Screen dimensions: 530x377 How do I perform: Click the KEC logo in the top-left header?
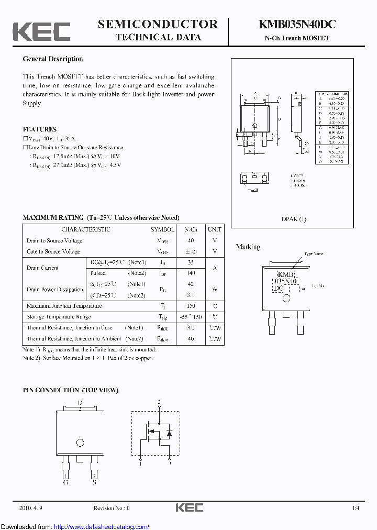click(x=41, y=31)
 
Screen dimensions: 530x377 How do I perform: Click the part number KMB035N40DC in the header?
click(x=296, y=25)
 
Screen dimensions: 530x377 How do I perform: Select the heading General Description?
click(x=52, y=59)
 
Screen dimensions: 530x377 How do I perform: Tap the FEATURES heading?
click(x=40, y=129)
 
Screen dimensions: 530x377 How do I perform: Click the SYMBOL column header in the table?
click(x=162, y=229)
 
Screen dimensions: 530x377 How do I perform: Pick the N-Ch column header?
click(x=191, y=229)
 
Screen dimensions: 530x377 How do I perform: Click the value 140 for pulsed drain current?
click(x=191, y=273)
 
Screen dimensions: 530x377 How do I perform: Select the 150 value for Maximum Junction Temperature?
click(x=191, y=306)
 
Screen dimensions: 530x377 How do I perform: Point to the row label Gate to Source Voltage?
click(x=53, y=251)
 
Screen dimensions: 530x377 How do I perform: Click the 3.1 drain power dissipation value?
click(x=191, y=295)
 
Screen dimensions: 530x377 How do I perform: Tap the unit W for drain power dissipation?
click(x=215, y=290)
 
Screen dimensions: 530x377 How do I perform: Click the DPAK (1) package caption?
click(x=294, y=219)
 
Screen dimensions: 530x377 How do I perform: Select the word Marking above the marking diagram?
click(x=248, y=247)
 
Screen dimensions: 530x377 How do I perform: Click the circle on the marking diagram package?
click(x=286, y=299)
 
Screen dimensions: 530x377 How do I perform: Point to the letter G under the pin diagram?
click(x=65, y=482)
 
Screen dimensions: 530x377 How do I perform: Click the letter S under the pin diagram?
click(x=95, y=482)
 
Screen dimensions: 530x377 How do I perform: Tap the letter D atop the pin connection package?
click(x=80, y=403)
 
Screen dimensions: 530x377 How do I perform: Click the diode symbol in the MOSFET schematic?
click(x=169, y=433)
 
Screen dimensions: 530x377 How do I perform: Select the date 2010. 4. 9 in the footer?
click(x=32, y=508)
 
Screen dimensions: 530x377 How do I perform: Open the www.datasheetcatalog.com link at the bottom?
click(x=102, y=526)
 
